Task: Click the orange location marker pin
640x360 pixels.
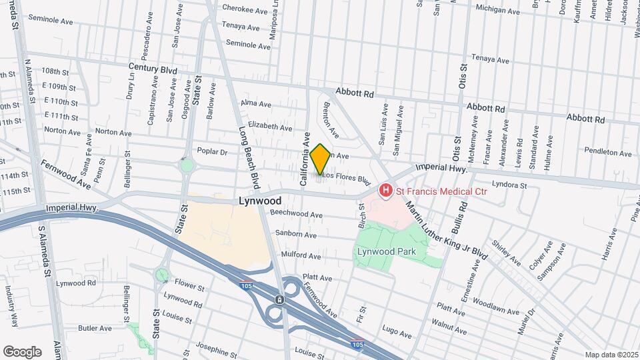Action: [320, 159]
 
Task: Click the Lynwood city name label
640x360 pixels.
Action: [260, 200]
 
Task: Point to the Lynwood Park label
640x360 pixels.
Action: [386, 251]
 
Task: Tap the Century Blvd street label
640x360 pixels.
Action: [153, 69]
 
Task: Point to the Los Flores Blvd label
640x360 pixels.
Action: [347, 178]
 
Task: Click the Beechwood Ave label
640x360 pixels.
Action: [296, 215]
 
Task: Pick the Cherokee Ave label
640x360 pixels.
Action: [241, 9]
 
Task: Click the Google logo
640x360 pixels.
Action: [22, 351]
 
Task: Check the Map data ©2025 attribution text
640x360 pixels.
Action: [611, 355]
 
